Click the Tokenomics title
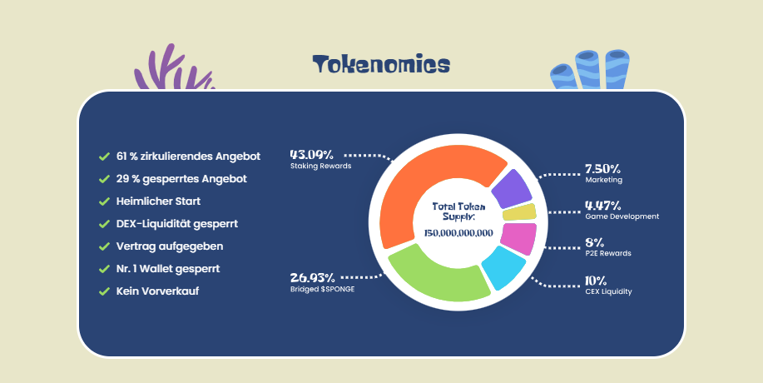click(381, 64)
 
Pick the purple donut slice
click(512, 189)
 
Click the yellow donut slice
click(519, 212)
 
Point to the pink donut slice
click(518, 238)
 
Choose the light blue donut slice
click(503, 267)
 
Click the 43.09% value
click(311, 155)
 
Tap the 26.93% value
click(312, 278)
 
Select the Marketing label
click(603, 180)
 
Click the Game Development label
click(622, 216)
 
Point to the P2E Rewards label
click(607, 253)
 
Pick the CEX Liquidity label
click(608, 291)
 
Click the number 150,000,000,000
click(458, 234)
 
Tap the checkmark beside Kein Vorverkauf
click(104, 291)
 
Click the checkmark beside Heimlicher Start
click(104, 201)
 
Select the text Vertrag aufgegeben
click(170, 246)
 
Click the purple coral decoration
click(173, 68)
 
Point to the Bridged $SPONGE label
click(322, 289)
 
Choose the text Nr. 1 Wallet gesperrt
click(168, 269)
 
